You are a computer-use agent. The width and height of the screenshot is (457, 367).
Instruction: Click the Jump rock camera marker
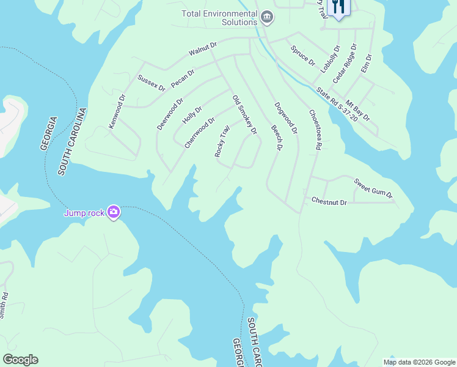click(x=113, y=212)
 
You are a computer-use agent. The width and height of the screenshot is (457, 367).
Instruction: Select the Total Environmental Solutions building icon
click(x=266, y=17)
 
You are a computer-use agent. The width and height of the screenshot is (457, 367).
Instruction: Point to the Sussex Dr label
click(x=151, y=83)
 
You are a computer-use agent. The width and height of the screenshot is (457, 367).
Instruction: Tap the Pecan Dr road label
click(x=182, y=78)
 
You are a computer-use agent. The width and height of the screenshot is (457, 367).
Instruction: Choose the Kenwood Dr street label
click(x=117, y=111)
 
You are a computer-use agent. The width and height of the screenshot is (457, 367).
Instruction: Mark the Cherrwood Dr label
click(x=200, y=133)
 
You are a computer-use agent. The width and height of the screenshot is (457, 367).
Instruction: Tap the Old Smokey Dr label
click(x=244, y=114)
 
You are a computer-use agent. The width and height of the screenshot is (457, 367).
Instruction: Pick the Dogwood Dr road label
click(x=286, y=118)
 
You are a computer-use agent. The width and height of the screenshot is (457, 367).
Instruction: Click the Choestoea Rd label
click(x=315, y=130)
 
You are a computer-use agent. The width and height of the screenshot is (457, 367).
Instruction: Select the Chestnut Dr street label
click(x=329, y=201)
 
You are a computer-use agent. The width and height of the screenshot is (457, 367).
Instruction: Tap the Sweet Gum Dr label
click(x=373, y=188)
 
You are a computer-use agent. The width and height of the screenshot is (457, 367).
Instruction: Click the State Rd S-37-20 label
click(x=337, y=103)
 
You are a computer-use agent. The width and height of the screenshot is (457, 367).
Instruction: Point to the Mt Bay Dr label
click(x=357, y=110)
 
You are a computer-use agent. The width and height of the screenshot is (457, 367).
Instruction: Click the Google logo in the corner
click(x=20, y=360)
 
